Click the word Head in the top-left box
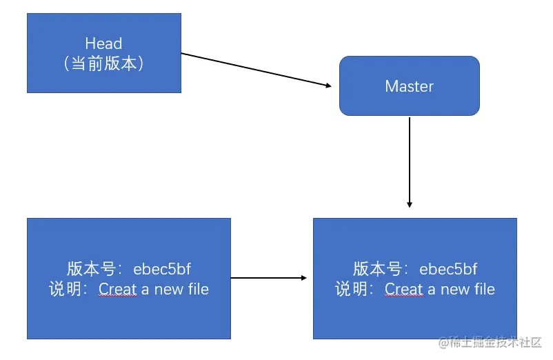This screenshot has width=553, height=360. (x=103, y=43)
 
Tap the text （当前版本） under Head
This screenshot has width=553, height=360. (x=103, y=63)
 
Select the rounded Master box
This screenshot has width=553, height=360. (x=409, y=86)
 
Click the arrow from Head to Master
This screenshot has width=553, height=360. (x=255, y=70)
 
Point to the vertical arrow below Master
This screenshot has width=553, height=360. (x=410, y=162)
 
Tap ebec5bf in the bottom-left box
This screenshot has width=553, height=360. (x=162, y=269)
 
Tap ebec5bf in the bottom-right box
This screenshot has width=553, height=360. (x=448, y=269)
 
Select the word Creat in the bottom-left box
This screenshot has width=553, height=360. (x=118, y=289)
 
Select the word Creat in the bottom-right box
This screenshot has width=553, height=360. (x=404, y=289)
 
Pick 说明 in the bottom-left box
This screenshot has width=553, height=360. (x=64, y=289)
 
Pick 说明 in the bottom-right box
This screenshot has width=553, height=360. (x=350, y=289)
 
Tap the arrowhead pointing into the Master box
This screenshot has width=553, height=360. (x=328, y=86)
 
